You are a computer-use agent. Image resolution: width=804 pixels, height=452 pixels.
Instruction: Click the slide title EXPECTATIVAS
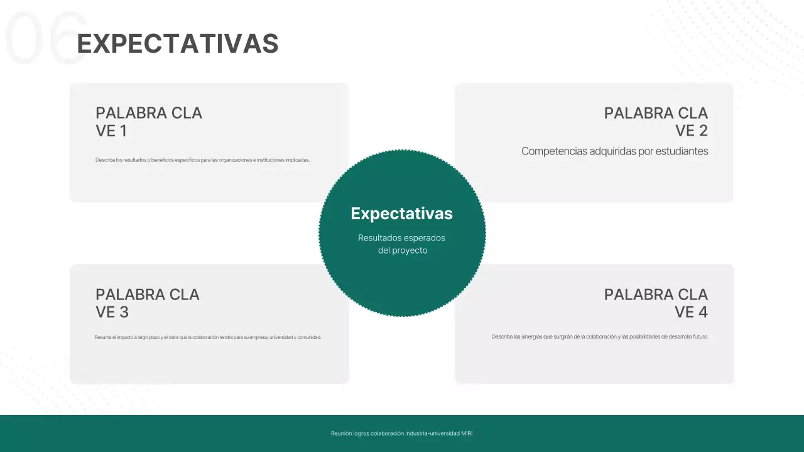[178, 44]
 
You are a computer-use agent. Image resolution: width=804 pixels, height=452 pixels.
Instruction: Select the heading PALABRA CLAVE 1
[149, 122]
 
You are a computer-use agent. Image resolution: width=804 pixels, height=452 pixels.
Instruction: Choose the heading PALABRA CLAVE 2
[656, 122]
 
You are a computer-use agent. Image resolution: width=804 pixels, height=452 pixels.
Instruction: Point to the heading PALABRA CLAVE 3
[147, 303]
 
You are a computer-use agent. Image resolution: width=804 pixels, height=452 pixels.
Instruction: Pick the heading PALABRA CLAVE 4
[656, 303]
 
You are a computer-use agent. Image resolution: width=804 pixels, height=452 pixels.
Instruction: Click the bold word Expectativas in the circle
[401, 213]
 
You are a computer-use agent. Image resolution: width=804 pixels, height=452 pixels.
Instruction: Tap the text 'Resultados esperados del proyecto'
[402, 244]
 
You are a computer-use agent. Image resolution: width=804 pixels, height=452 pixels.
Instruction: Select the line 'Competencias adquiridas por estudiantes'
[614, 151]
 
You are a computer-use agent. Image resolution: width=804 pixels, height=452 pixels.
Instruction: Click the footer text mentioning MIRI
[402, 433]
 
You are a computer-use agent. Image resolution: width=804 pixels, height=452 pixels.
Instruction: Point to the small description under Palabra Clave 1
[202, 160]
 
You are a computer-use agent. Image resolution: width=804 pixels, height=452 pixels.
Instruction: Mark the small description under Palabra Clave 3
[208, 337]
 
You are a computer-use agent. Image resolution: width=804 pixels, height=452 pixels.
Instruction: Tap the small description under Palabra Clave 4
[599, 337]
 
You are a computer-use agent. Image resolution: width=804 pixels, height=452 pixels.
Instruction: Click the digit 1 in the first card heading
[123, 131]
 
